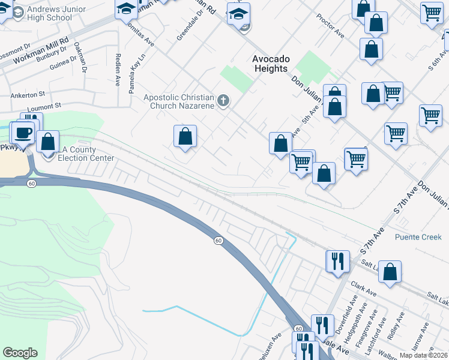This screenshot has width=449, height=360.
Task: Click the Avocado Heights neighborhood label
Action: [270, 64]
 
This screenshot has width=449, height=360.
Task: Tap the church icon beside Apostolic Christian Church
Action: [223, 100]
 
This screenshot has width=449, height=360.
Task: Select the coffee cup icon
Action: [24, 133]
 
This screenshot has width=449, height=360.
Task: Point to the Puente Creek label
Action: [418, 237]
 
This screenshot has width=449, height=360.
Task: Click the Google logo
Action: [20, 353]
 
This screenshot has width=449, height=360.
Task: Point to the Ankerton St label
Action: [28, 95]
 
